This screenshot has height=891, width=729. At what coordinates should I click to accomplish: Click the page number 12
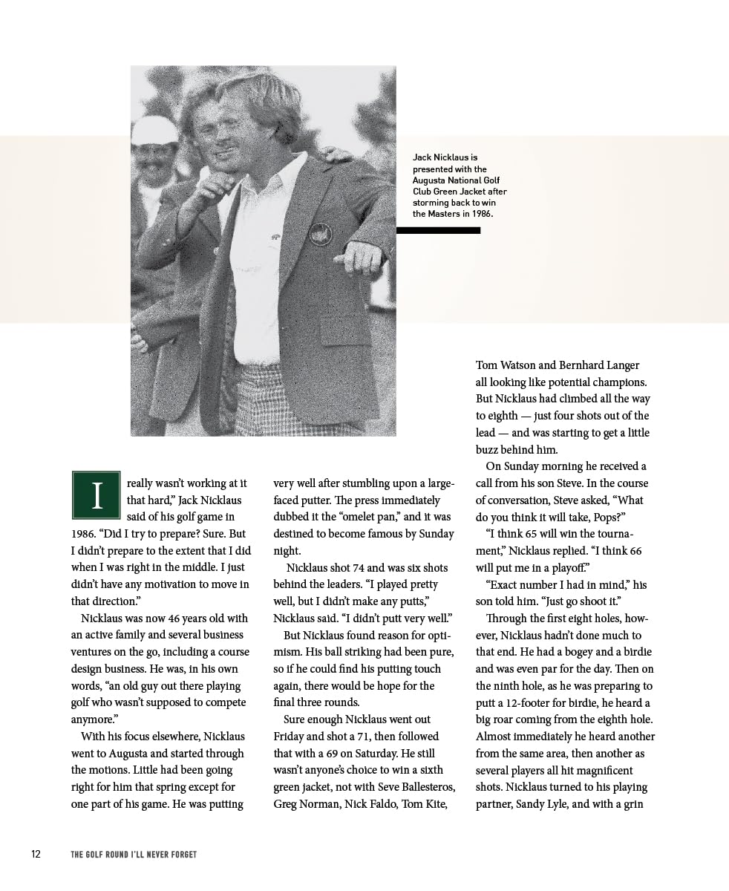click(36, 854)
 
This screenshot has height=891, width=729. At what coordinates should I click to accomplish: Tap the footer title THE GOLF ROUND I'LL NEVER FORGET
click(134, 855)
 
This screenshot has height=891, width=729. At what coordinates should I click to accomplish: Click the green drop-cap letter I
click(96, 495)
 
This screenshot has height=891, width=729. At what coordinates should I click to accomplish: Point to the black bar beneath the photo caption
click(438, 230)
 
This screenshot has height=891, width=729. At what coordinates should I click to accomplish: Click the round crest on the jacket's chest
click(320, 234)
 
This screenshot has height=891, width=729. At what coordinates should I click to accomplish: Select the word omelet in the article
click(364, 517)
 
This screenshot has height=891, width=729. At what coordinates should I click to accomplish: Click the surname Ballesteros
click(421, 787)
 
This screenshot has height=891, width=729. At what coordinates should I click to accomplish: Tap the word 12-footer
click(533, 703)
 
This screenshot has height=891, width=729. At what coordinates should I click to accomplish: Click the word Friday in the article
click(289, 737)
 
